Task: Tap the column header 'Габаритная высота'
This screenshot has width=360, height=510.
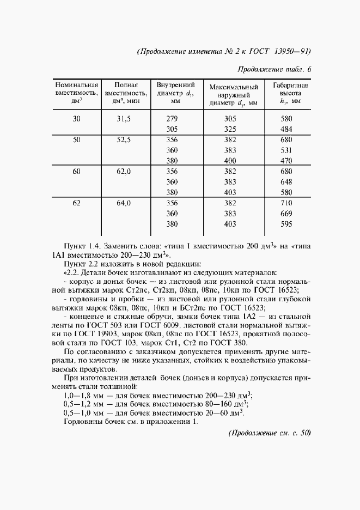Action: click(287, 93)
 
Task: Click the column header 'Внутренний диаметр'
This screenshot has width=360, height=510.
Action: click(175, 93)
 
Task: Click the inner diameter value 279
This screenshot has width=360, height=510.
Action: click(172, 119)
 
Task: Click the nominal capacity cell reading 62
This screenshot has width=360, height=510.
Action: click(76, 203)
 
